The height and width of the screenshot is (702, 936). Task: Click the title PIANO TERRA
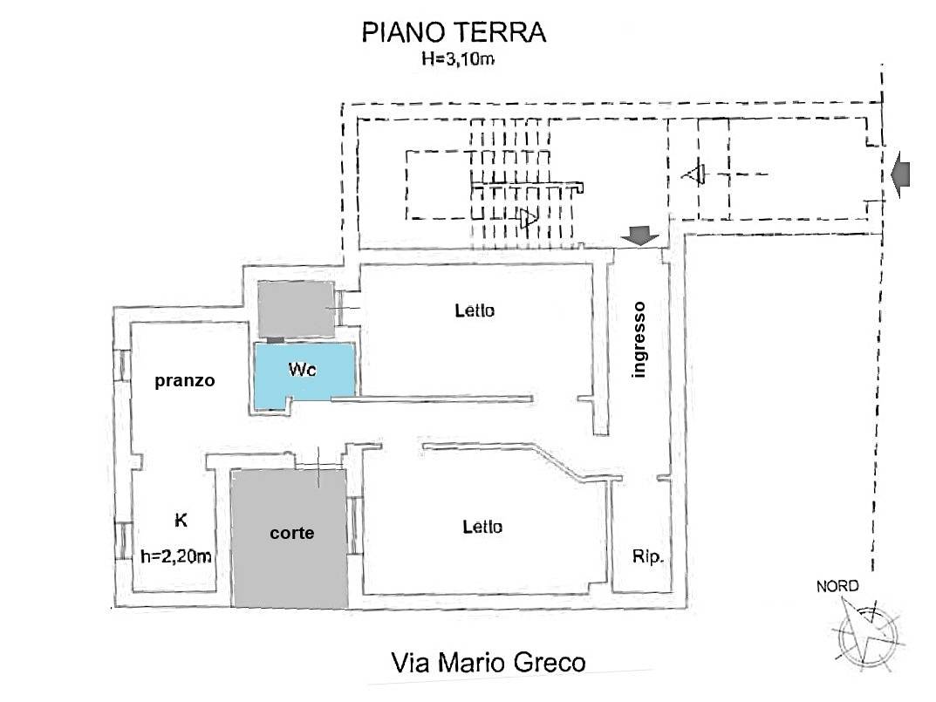(x=453, y=33)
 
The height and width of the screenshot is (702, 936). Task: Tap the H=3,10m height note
(x=454, y=60)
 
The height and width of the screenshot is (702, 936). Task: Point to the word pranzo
(x=184, y=381)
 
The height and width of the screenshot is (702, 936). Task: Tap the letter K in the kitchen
(x=181, y=521)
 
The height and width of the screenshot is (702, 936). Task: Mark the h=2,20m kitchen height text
(x=177, y=555)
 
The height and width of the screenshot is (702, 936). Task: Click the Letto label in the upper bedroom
(x=475, y=310)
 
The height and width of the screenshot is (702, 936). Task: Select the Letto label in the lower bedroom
(x=482, y=527)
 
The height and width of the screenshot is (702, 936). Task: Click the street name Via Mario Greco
(x=488, y=663)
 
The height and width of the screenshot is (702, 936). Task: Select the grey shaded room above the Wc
(x=296, y=310)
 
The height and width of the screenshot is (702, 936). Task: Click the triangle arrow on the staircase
(x=528, y=218)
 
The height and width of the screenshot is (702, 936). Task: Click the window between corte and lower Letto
(x=354, y=525)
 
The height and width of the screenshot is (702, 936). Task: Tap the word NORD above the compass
(x=837, y=587)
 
